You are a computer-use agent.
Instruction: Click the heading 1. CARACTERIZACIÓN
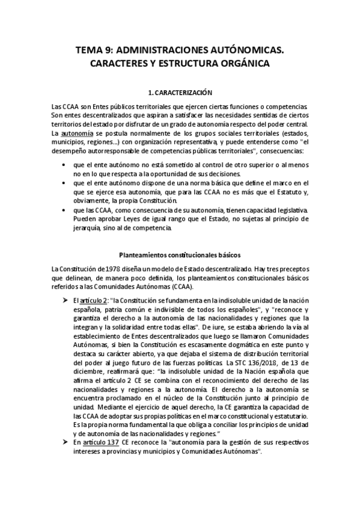coord(180,93)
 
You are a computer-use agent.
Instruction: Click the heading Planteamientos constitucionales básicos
coord(180,253)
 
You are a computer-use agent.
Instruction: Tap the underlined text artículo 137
coord(94,443)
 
